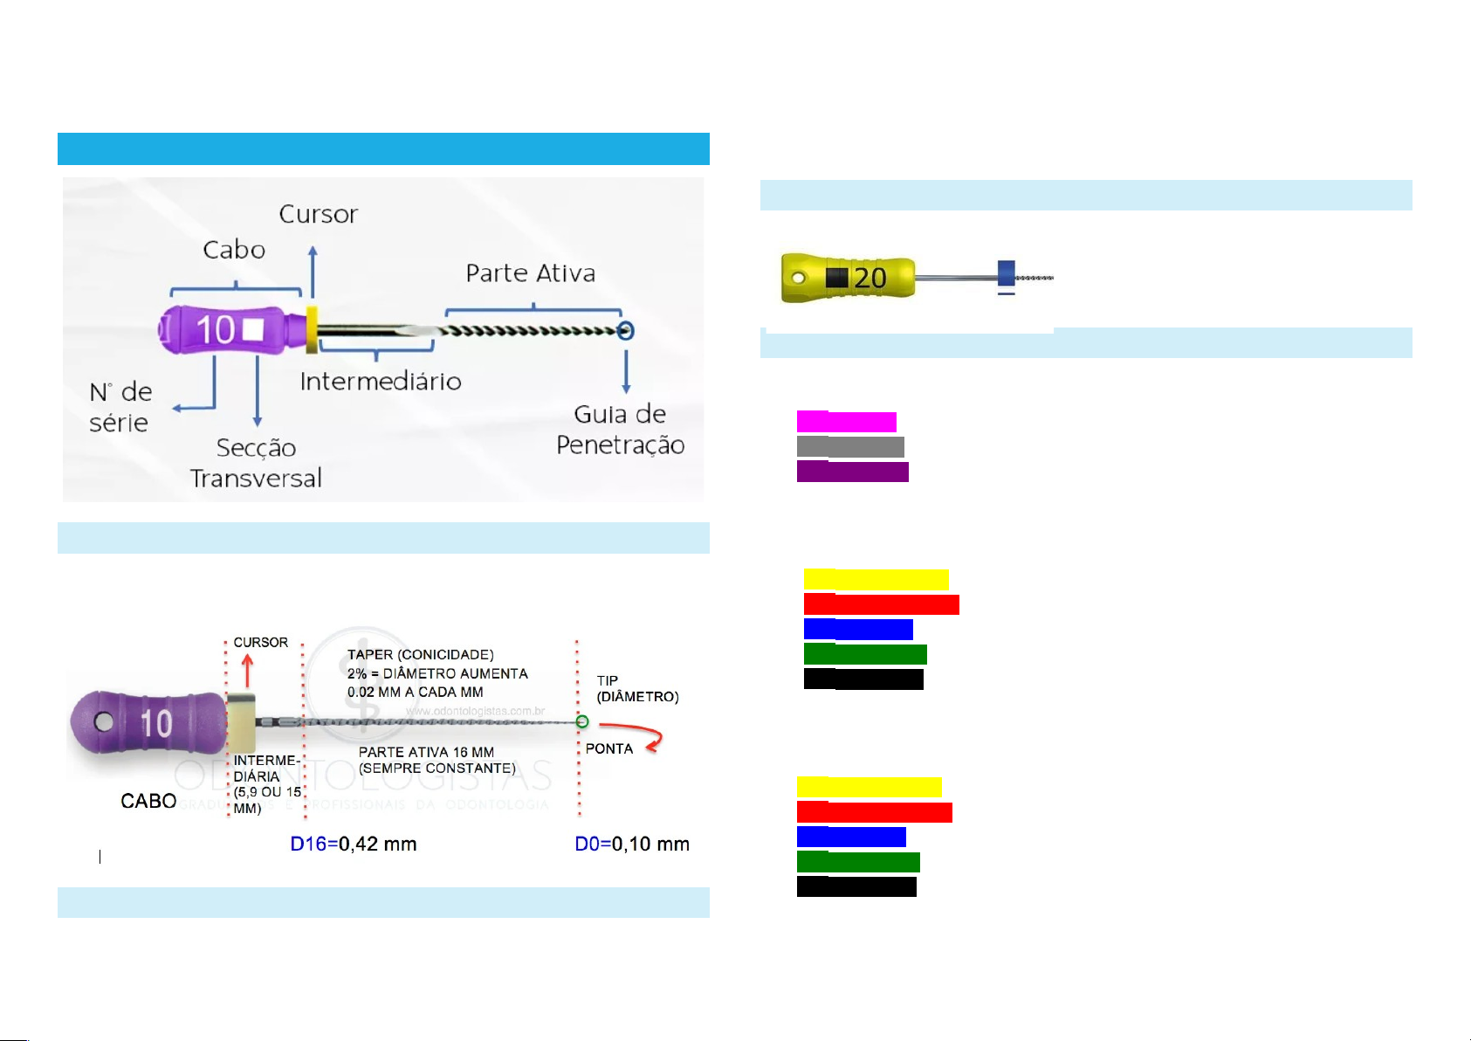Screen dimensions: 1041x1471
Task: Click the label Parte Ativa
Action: (530, 273)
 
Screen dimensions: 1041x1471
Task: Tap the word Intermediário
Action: (381, 382)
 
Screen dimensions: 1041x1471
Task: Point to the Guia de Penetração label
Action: (620, 429)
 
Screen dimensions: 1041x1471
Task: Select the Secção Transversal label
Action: (256, 463)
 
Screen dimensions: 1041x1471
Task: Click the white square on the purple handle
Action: (253, 330)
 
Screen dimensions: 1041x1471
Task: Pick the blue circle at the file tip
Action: (625, 331)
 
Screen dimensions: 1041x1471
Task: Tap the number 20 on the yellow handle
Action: (870, 279)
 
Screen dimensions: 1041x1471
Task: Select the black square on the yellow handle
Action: (836, 278)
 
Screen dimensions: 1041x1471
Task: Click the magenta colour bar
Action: (846, 422)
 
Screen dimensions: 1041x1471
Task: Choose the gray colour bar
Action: (850, 447)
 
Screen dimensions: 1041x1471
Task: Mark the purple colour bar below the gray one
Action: (852, 472)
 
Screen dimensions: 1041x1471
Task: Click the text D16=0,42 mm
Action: (353, 845)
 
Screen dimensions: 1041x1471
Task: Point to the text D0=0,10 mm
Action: (632, 845)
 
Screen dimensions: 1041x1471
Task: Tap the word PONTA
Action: (608, 749)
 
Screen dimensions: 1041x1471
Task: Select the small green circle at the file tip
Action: (582, 721)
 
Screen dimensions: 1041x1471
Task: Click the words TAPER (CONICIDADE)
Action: (420, 655)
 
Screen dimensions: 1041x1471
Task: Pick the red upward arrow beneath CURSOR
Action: (247, 671)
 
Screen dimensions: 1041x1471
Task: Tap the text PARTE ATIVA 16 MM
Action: (426, 752)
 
